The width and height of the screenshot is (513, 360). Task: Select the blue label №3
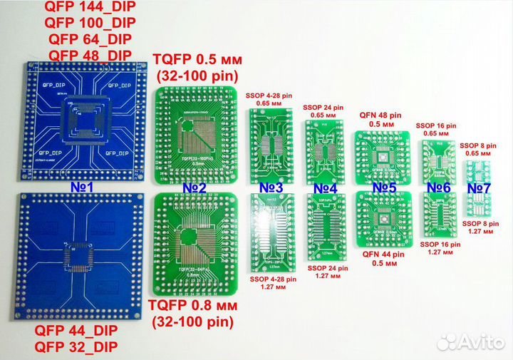tap(270, 188)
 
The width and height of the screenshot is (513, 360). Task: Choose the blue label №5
tap(383, 188)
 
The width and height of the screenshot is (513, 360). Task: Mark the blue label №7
tap(479, 188)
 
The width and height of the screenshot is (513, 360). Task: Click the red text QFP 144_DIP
tap(90, 9)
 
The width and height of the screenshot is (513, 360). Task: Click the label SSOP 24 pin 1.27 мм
tap(328, 272)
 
